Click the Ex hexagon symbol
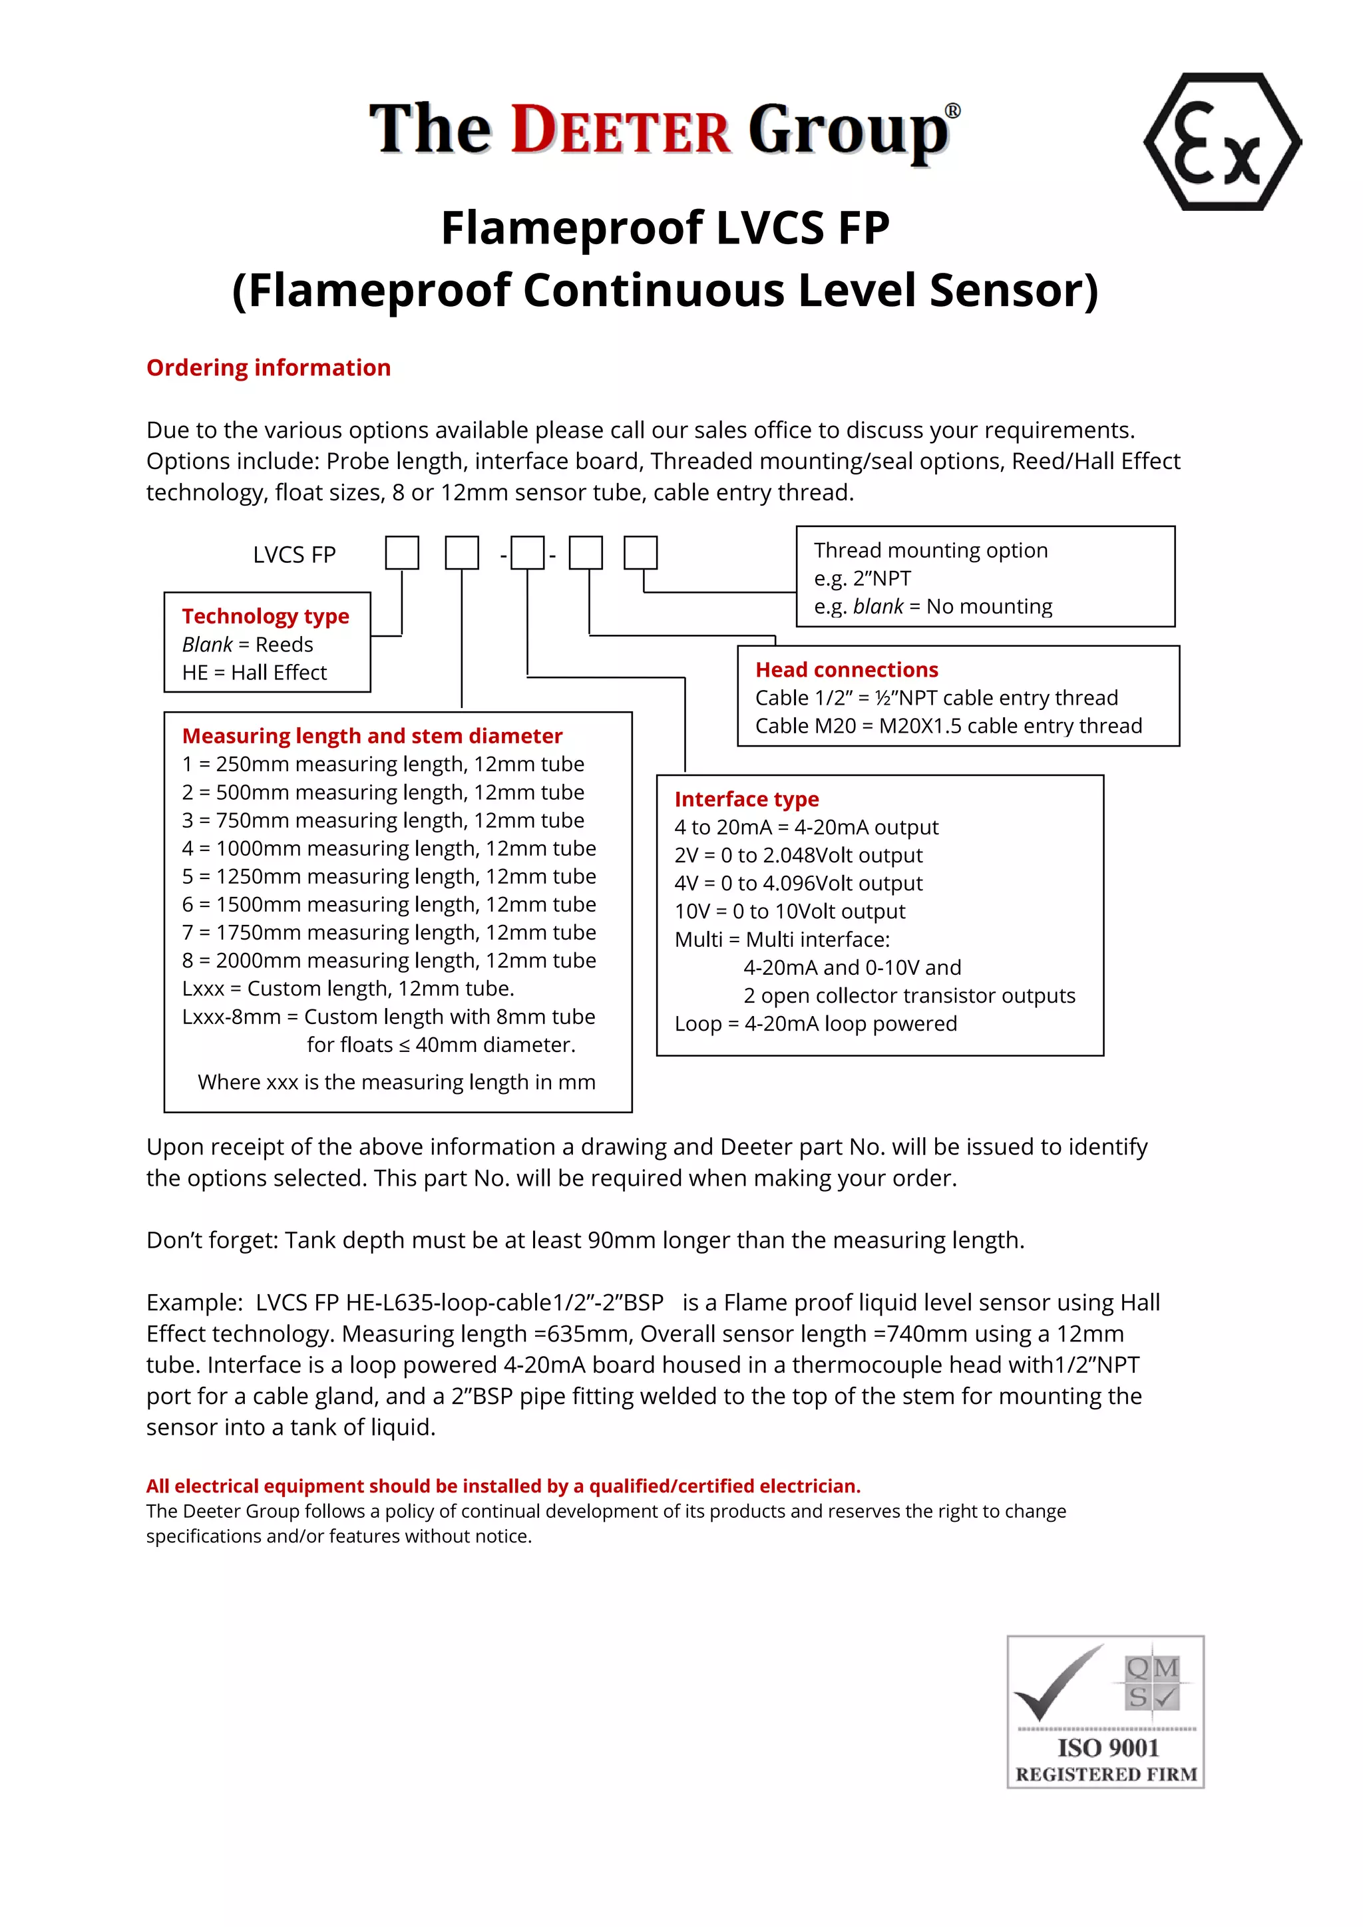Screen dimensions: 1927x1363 click(1221, 142)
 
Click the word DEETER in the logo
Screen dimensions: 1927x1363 click(621, 131)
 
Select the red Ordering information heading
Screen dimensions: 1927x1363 click(269, 367)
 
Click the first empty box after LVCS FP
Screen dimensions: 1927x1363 click(402, 554)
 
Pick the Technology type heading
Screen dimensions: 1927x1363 click(266, 616)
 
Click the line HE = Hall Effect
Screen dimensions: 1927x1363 click(254, 672)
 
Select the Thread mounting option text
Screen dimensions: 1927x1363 click(930, 550)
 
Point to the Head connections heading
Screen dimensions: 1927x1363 click(846, 670)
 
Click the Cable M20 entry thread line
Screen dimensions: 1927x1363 click(948, 726)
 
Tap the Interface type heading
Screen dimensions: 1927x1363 click(746, 799)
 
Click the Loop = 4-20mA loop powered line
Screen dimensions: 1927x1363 click(815, 1024)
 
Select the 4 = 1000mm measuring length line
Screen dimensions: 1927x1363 click(389, 848)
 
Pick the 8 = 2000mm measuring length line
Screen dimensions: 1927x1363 click(389, 960)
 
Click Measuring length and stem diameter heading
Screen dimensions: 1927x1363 click(372, 736)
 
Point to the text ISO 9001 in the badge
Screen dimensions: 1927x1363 click(1108, 1748)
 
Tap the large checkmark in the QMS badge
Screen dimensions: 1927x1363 click(1055, 1684)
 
